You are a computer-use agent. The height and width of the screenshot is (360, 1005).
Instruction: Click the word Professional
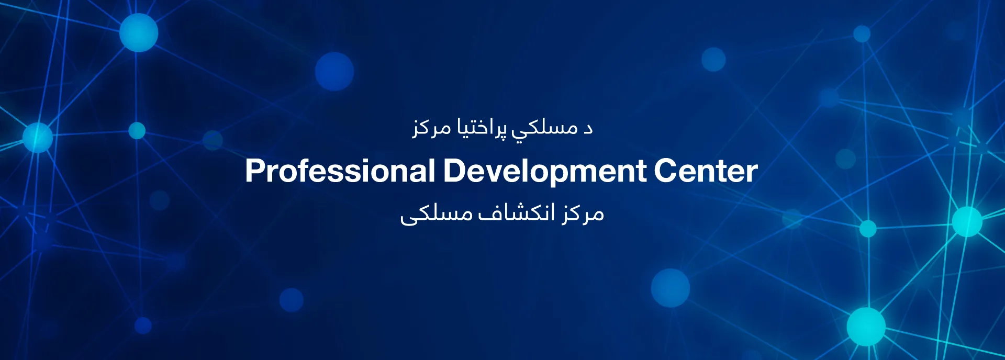(340, 171)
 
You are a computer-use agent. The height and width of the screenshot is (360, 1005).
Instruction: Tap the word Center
(706, 171)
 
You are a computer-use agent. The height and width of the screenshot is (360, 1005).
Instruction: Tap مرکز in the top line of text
(432, 129)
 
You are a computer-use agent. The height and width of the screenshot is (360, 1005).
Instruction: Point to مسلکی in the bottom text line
(437, 215)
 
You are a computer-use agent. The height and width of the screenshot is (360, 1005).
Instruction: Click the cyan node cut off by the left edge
(37, 138)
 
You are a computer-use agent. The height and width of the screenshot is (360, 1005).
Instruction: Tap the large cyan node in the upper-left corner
(139, 32)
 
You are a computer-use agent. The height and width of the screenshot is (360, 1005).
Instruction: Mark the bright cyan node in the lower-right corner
(866, 327)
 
